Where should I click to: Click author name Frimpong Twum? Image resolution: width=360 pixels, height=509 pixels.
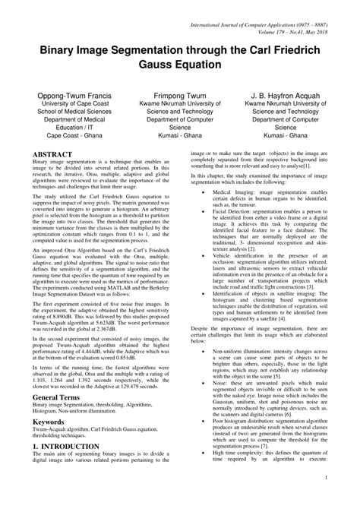click(180, 97)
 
